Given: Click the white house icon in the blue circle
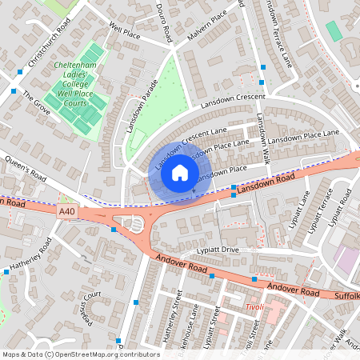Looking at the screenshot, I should (x=180, y=173).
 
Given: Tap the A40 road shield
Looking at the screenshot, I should (x=70, y=210).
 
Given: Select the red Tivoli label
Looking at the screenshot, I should (x=254, y=306).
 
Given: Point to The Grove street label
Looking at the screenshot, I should (x=36, y=103).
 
